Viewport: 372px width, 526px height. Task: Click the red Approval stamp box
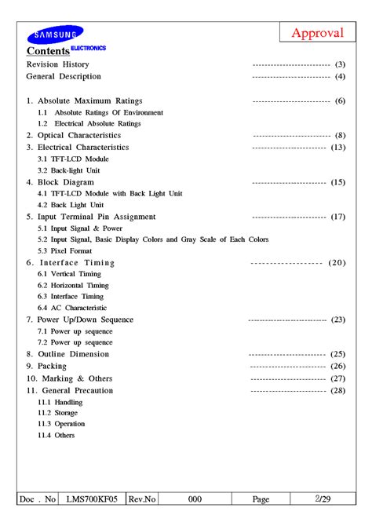(318, 32)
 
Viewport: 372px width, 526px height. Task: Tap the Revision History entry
(57, 64)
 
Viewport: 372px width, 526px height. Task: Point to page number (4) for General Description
(340, 77)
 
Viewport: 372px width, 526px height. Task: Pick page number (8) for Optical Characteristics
(340, 136)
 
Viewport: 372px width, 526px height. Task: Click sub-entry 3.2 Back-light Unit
(68, 170)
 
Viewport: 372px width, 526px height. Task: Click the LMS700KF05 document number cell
(92, 499)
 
